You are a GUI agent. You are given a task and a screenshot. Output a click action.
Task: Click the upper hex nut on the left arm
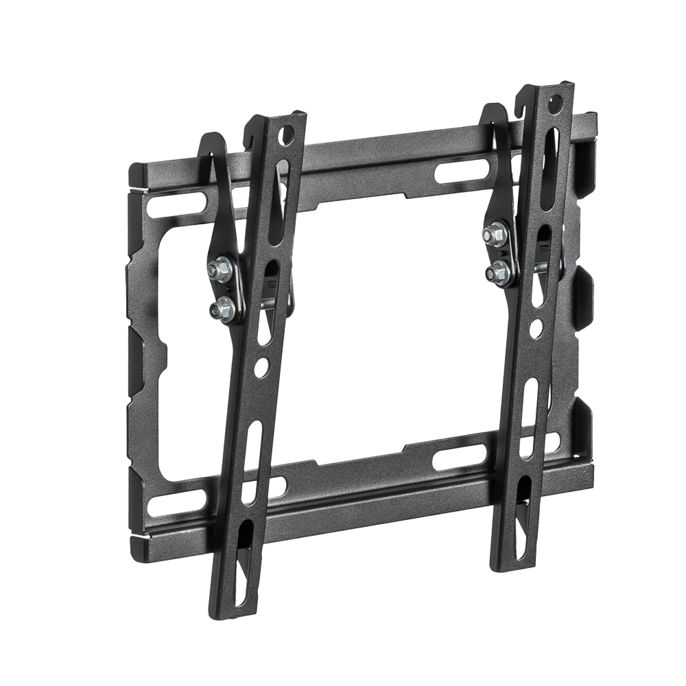[x=220, y=270]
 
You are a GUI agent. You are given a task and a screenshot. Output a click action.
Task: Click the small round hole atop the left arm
[x=287, y=134]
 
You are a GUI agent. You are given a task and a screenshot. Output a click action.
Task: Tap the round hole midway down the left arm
[x=261, y=368]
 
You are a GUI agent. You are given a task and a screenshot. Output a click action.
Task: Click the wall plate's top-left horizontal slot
[x=176, y=204]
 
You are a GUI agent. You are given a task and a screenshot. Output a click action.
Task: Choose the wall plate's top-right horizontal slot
[x=462, y=169]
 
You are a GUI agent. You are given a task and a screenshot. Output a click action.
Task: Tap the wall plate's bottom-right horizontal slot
[x=460, y=457]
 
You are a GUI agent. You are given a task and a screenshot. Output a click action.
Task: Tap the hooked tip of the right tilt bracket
[x=489, y=112]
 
